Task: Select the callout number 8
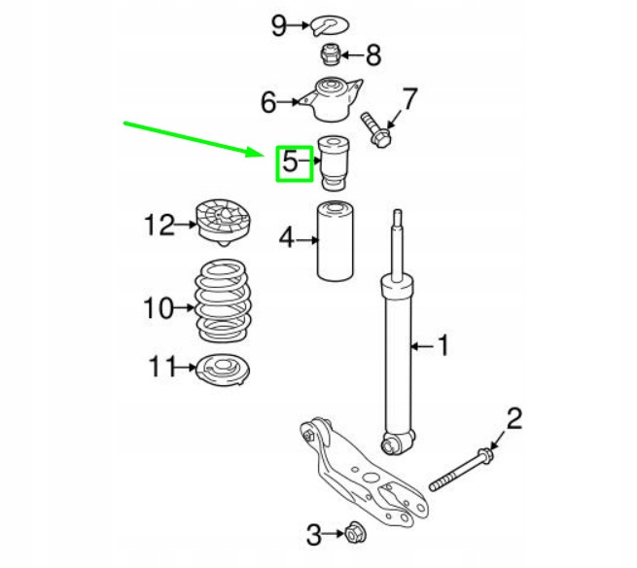373,54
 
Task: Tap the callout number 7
409,98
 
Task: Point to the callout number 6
268,100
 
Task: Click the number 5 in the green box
291,162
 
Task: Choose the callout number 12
158,226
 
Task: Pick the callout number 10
156,309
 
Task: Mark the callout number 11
160,367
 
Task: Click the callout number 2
514,419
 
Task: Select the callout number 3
313,533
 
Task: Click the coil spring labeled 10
222,303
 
